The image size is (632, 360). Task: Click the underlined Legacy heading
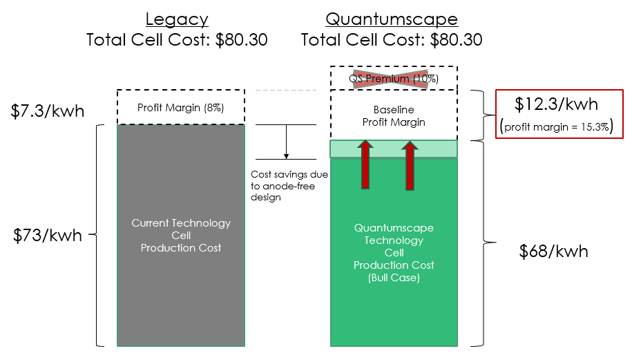pyautogui.click(x=178, y=19)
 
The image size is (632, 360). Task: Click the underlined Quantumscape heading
pyautogui.click(x=392, y=19)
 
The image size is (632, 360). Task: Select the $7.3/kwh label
pyautogui.click(x=48, y=110)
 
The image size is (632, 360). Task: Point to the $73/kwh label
pyautogui.click(x=48, y=235)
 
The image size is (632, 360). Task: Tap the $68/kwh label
pyautogui.click(x=553, y=251)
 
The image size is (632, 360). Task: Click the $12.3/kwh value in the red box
pyautogui.click(x=557, y=104)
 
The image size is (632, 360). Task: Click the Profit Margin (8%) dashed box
pyautogui.click(x=181, y=107)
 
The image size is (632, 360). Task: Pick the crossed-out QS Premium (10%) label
pyautogui.click(x=394, y=78)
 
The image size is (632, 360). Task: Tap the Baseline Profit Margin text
pyautogui.click(x=394, y=115)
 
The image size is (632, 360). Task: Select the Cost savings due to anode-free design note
pyautogui.click(x=288, y=186)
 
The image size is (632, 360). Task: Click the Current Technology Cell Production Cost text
pyautogui.click(x=181, y=235)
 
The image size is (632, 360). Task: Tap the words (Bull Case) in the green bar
pyautogui.click(x=394, y=278)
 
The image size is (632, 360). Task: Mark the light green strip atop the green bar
pyautogui.click(x=394, y=149)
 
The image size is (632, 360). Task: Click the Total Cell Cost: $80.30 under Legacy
pyautogui.click(x=177, y=39)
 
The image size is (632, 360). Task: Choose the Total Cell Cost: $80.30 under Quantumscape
pyautogui.click(x=392, y=39)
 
